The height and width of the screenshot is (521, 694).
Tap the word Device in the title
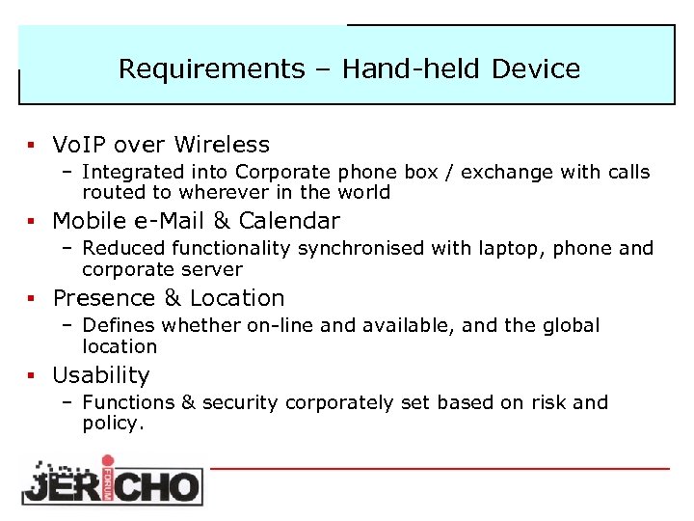click(536, 69)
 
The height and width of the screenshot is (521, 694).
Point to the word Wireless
click(223, 145)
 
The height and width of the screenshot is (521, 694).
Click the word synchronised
click(356, 249)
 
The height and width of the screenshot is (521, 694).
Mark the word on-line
click(281, 326)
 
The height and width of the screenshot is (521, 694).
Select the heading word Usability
click(101, 375)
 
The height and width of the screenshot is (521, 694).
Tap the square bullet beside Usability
click(31, 376)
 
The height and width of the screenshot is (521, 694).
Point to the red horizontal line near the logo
click(439, 469)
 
